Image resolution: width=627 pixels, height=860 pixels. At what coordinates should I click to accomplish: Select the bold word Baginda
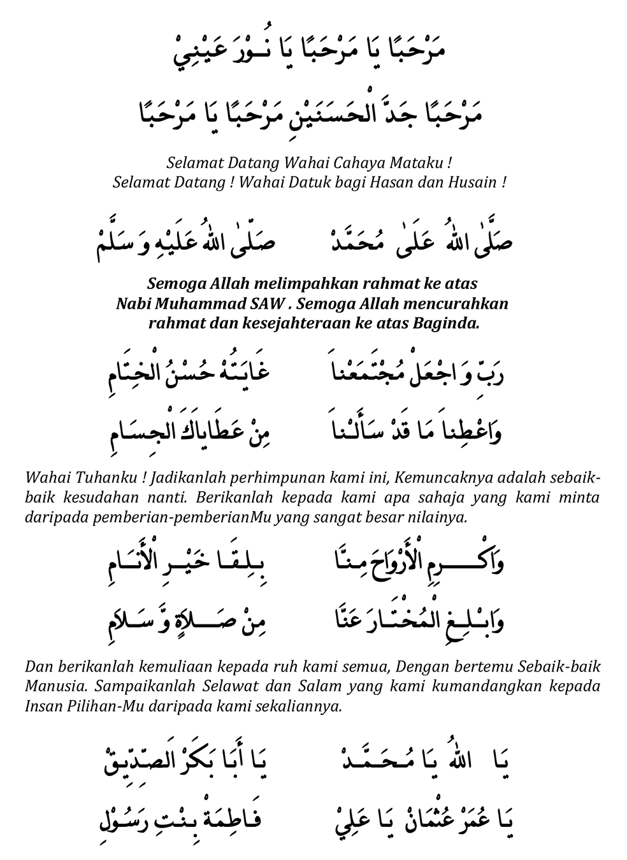coord(446,323)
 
